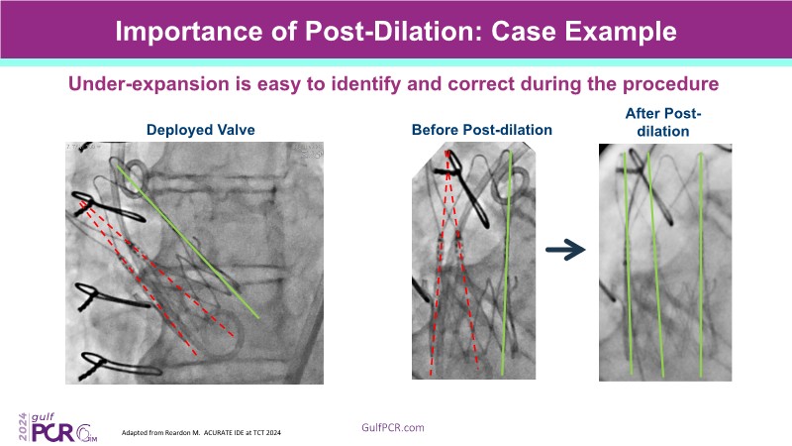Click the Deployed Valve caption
tap(201, 130)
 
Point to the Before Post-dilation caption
tap(482, 130)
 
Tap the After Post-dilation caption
tap(663, 122)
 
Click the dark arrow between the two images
tap(565, 250)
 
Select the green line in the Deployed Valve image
tap(187, 241)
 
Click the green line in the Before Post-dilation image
tap(506, 263)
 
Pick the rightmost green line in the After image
tap(701, 265)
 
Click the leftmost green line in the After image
tap(628, 264)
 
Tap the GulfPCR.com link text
tap(392, 428)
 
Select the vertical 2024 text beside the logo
tap(24, 427)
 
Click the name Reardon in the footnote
tap(179, 433)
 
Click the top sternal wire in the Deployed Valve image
tap(109, 208)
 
